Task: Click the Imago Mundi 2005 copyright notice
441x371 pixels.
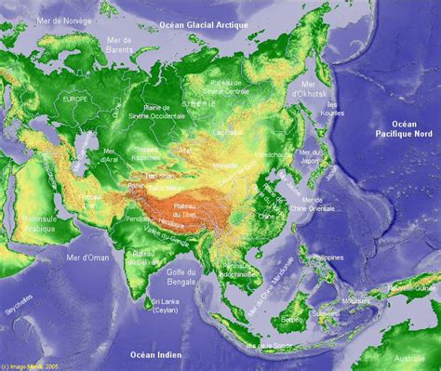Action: tap(31, 365)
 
